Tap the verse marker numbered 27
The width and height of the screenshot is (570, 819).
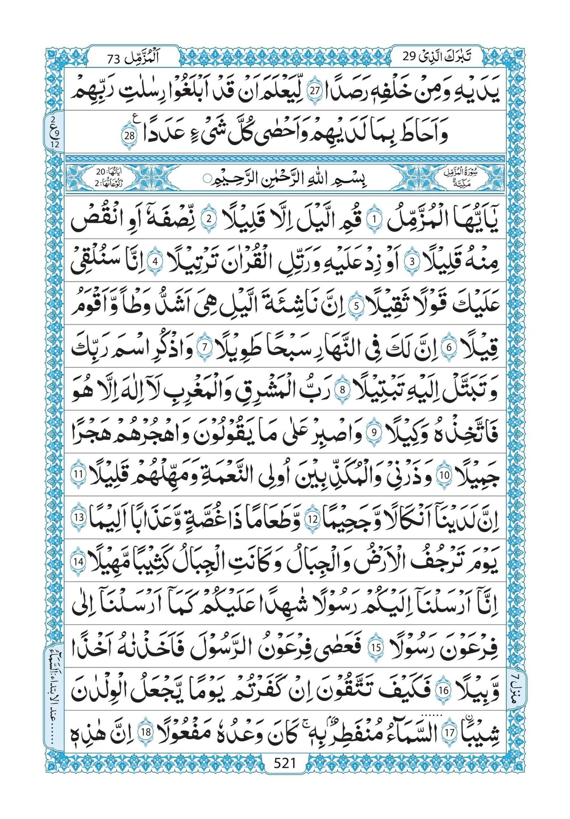click(315, 91)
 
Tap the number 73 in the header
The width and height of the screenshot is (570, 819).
click(115, 57)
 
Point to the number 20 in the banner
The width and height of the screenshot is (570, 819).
click(101, 172)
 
